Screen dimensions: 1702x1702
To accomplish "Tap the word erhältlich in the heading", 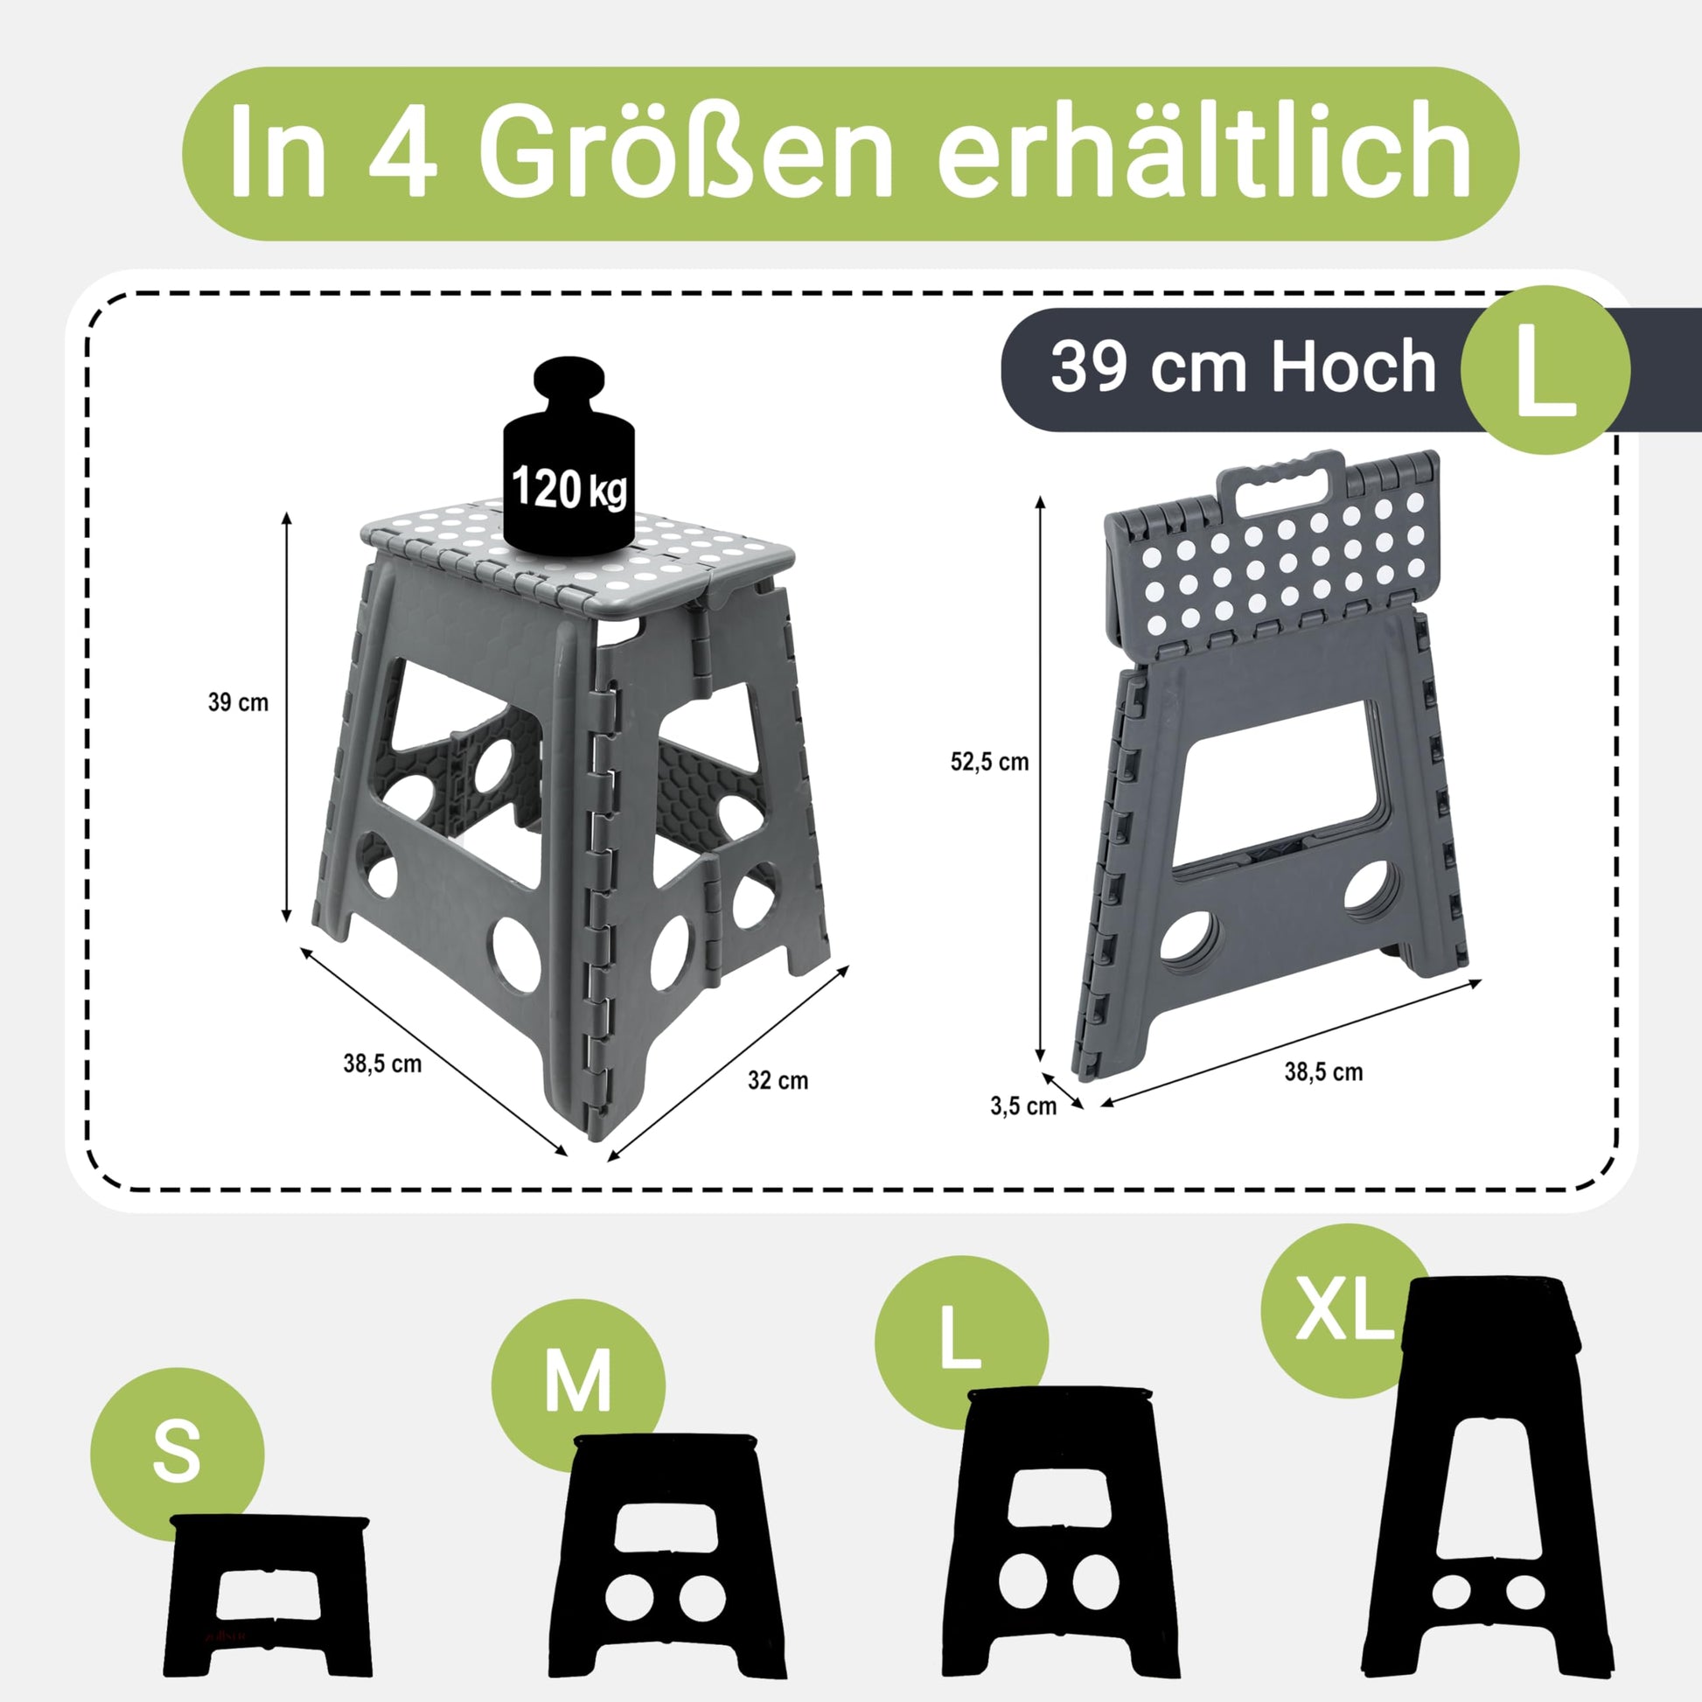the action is click(1203, 147).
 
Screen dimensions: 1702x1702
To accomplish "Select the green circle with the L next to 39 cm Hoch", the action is click(1545, 369).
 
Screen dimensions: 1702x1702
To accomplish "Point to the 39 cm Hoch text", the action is click(1243, 366).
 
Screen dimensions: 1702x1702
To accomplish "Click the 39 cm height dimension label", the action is click(238, 702).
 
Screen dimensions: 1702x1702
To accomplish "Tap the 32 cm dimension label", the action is click(778, 1080).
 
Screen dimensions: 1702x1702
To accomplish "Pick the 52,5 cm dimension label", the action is click(989, 762).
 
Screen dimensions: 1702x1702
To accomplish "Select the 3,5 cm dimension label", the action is click(1022, 1106).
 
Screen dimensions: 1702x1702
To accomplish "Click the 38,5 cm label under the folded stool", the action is click(1323, 1072).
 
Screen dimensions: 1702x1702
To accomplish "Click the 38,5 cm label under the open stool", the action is click(382, 1064).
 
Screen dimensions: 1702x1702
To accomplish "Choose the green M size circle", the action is click(578, 1385).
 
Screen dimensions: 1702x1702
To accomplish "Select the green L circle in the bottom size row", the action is click(961, 1343).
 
